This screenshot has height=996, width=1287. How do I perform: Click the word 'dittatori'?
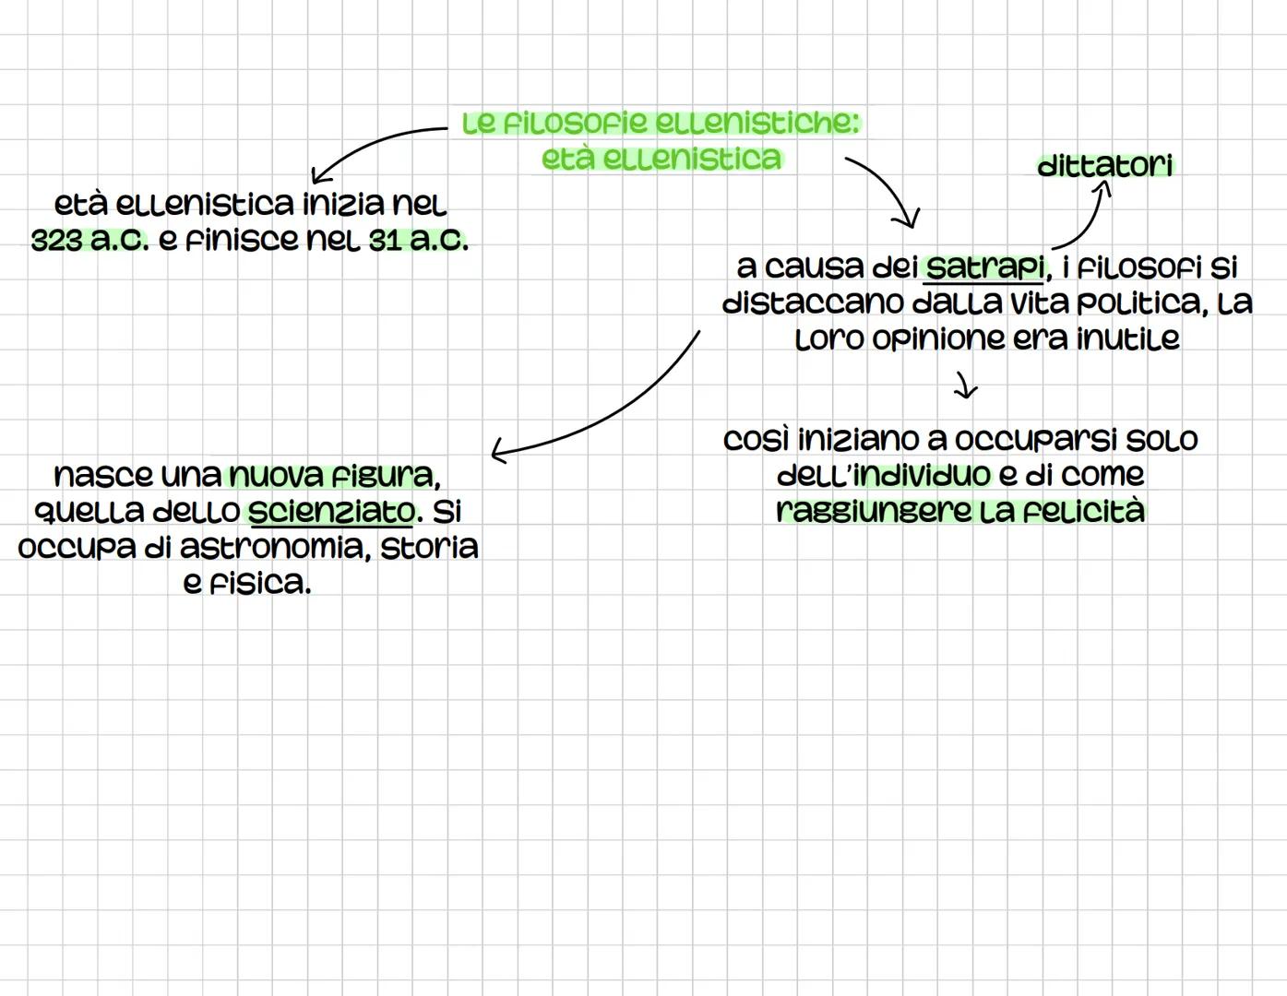tap(1105, 166)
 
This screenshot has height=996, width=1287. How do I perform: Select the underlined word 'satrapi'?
tap(984, 267)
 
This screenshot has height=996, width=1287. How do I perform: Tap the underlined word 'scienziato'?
tap(331, 511)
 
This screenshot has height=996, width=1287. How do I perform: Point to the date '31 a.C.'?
tap(418, 241)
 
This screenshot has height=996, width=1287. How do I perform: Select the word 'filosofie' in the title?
tap(570, 123)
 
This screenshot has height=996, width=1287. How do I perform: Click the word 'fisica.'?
tap(246, 584)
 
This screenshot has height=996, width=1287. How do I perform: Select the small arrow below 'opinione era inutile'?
tap(964, 385)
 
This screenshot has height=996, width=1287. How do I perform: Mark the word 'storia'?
tap(429, 547)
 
